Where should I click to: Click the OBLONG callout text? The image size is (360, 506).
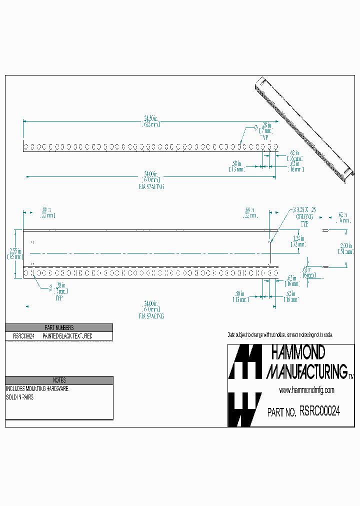pyautogui.click(x=304, y=217)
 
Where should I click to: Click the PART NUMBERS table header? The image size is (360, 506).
pyautogui.click(x=59, y=327)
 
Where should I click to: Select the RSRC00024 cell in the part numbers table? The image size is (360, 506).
pyautogui.click(x=20, y=336)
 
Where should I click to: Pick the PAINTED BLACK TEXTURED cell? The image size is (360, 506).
pyautogui.click(x=67, y=336)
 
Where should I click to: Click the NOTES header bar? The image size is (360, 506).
pyautogui.click(x=59, y=380)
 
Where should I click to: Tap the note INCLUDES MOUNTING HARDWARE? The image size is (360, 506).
pyautogui.click(x=37, y=388)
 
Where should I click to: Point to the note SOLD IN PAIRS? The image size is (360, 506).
pyautogui.click(x=20, y=397)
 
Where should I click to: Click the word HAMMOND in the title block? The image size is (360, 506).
pyautogui.click(x=297, y=353)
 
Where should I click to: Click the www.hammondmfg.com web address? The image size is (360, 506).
pyautogui.click(x=306, y=390)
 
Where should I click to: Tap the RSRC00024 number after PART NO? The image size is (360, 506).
pyautogui.click(x=320, y=412)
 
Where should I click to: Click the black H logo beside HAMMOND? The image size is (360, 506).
pyautogui.click(x=245, y=361)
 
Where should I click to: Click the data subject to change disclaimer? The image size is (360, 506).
pyautogui.click(x=280, y=334)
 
